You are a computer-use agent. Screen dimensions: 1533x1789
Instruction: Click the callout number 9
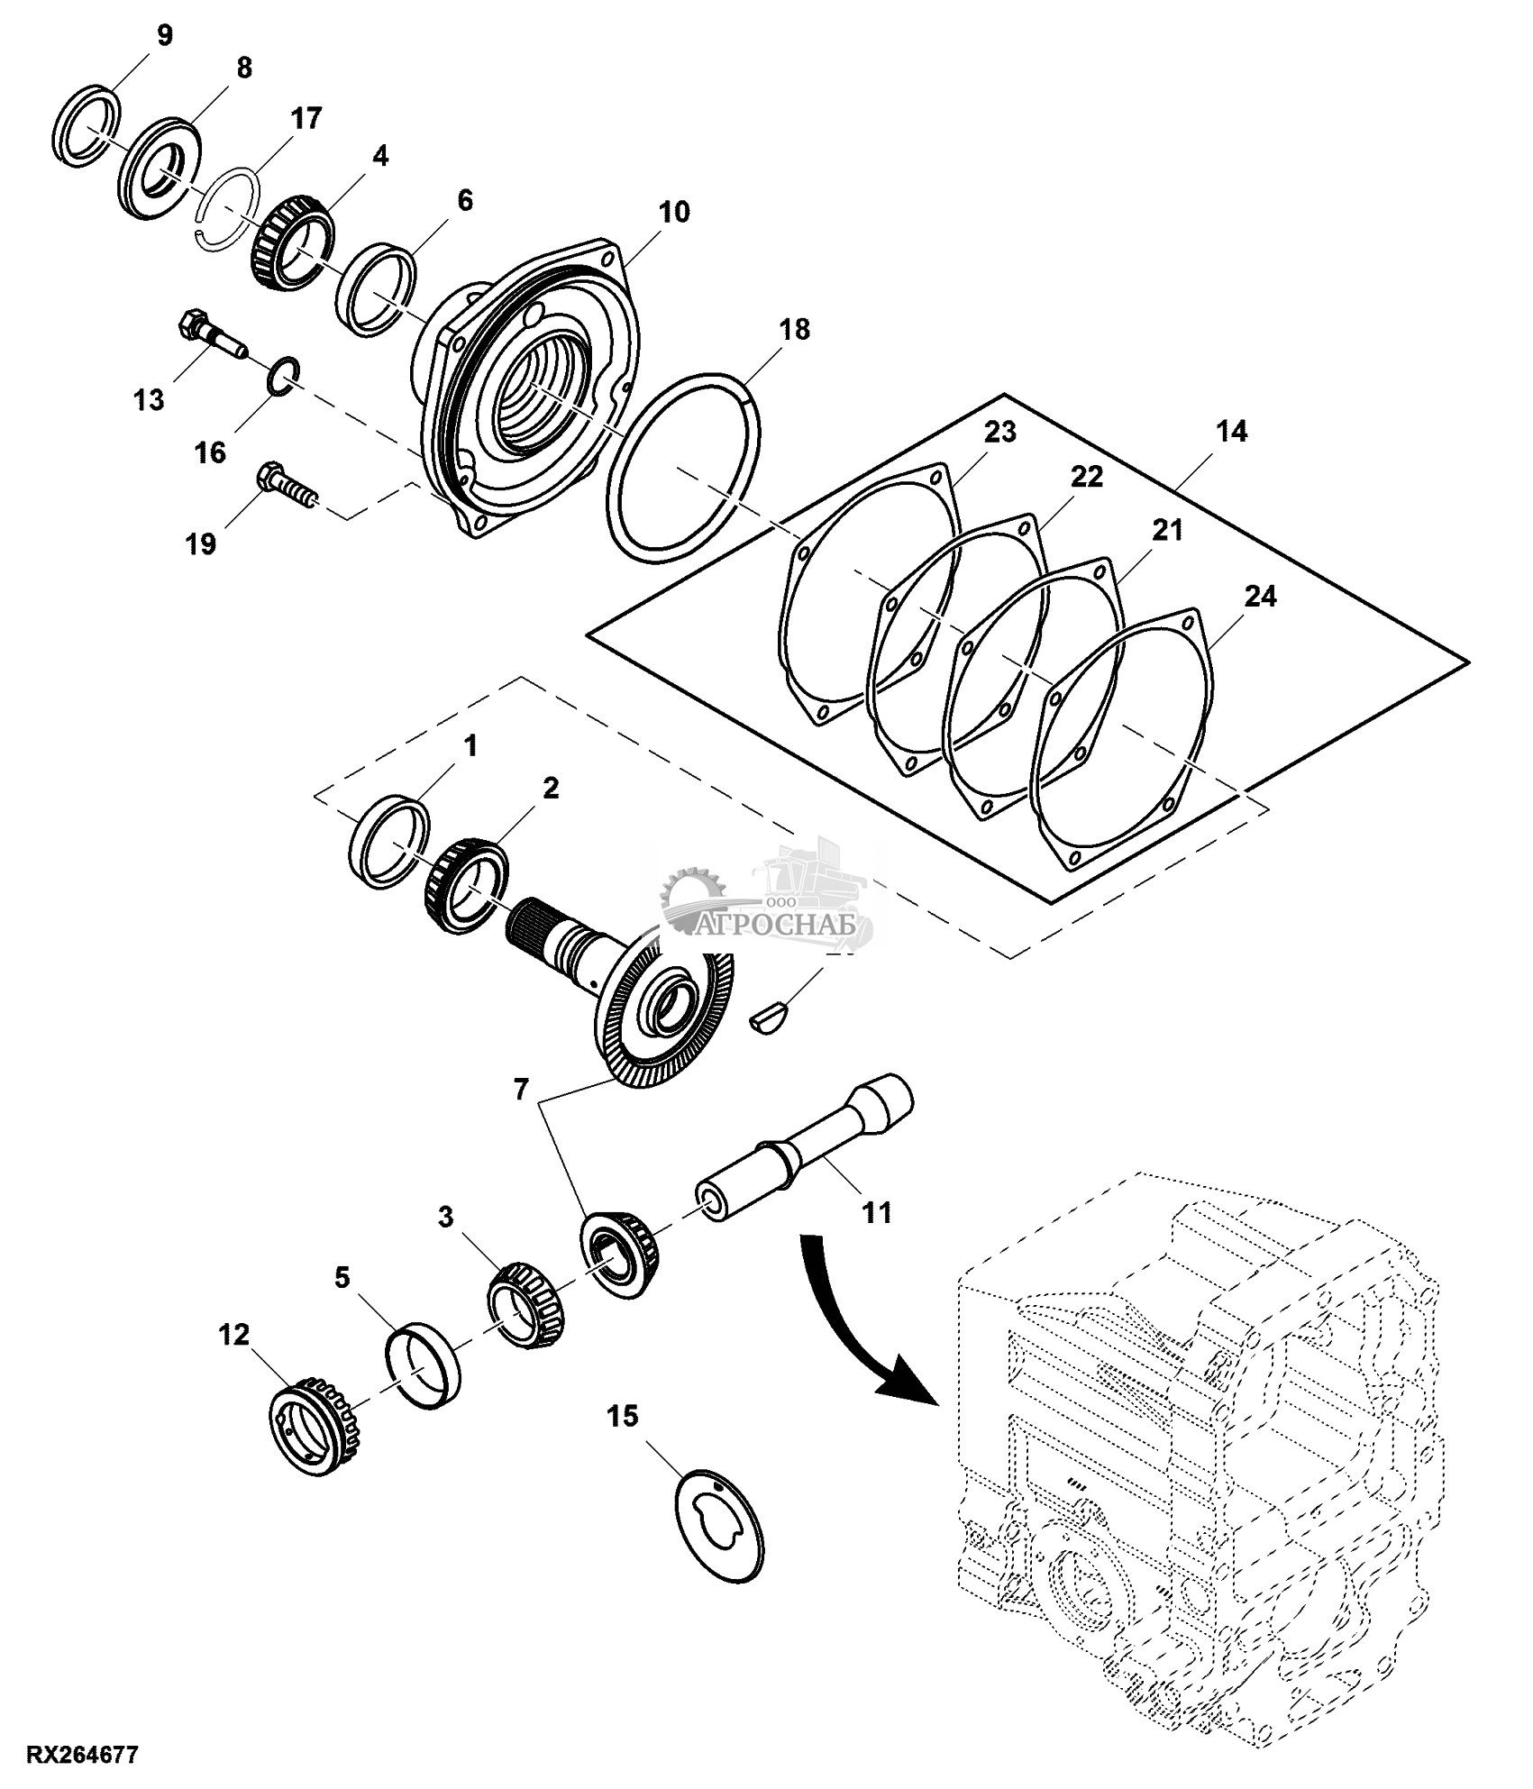click(163, 36)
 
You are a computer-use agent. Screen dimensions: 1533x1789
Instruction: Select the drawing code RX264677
click(83, 1756)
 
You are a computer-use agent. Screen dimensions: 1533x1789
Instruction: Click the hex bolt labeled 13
click(213, 334)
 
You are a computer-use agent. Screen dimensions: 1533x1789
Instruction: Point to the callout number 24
click(1259, 597)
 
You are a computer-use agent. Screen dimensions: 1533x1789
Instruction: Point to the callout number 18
click(794, 330)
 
